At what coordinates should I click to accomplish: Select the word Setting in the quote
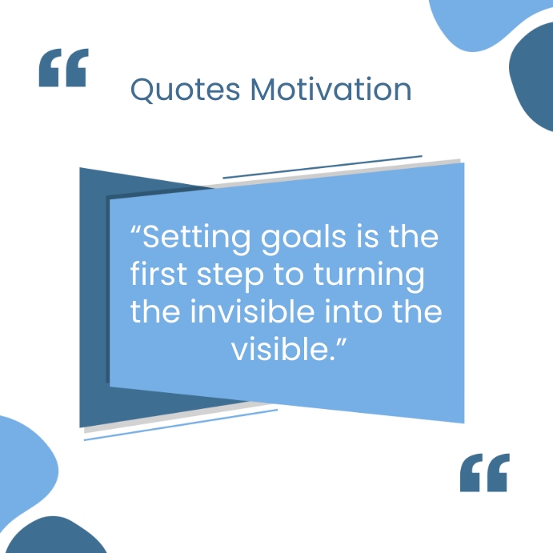191,238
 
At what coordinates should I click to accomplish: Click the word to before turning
283,275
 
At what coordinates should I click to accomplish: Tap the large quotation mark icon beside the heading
63,67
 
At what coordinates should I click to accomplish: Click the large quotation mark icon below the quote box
484,473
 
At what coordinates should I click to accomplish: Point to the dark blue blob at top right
534,80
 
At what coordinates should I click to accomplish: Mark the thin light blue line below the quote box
180,424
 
